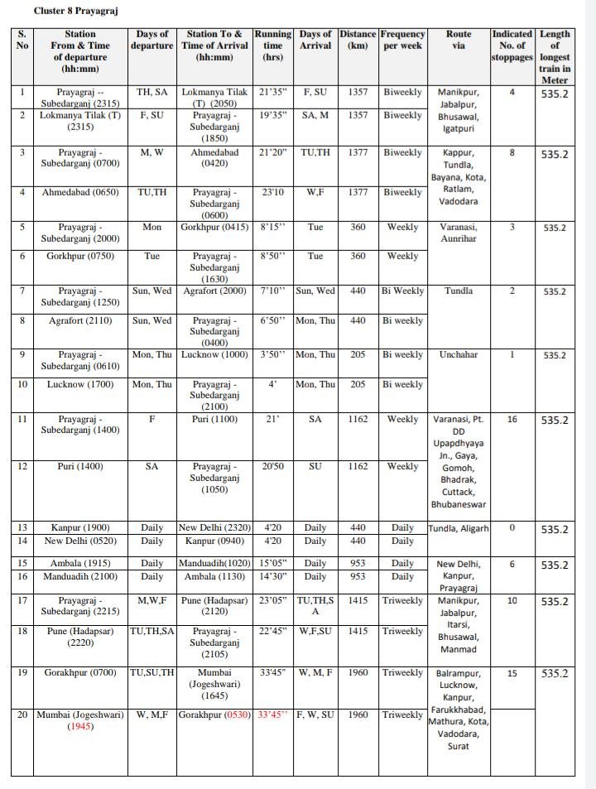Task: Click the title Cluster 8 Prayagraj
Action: (x=70, y=11)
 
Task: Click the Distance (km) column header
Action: (x=358, y=40)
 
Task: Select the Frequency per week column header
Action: (x=402, y=40)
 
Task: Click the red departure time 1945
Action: (x=81, y=726)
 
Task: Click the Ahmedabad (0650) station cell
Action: (x=80, y=192)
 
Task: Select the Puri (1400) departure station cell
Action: (x=80, y=466)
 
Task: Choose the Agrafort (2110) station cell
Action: (x=80, y=320)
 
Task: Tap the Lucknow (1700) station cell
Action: (x=80, y=384)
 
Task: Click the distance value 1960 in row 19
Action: (x=358, y=672)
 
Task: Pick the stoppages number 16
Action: (x=512, y=420)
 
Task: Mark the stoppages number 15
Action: (x=512, y=674)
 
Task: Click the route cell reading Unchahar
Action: (x=459, y=354)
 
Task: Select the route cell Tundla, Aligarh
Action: (x=459, y=528)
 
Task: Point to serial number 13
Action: (x=22, y=527)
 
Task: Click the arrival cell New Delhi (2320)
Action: (x=214, y=527)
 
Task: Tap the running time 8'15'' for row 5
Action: (x=273, y=227)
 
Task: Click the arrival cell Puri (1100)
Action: (x=214, y=419)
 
